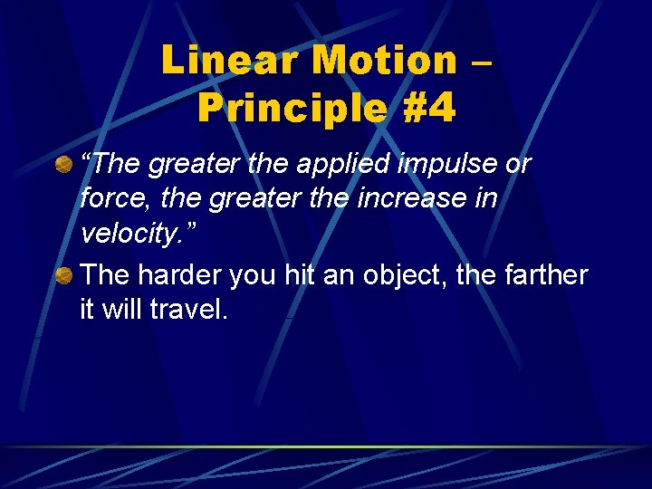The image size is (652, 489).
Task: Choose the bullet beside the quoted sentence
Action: [x=64, y=165]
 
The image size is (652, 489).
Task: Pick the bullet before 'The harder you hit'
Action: [x=64, y=274]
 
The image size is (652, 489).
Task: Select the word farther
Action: [x=549, y=275]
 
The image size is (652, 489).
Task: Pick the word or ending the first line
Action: [x=518, y=166]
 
